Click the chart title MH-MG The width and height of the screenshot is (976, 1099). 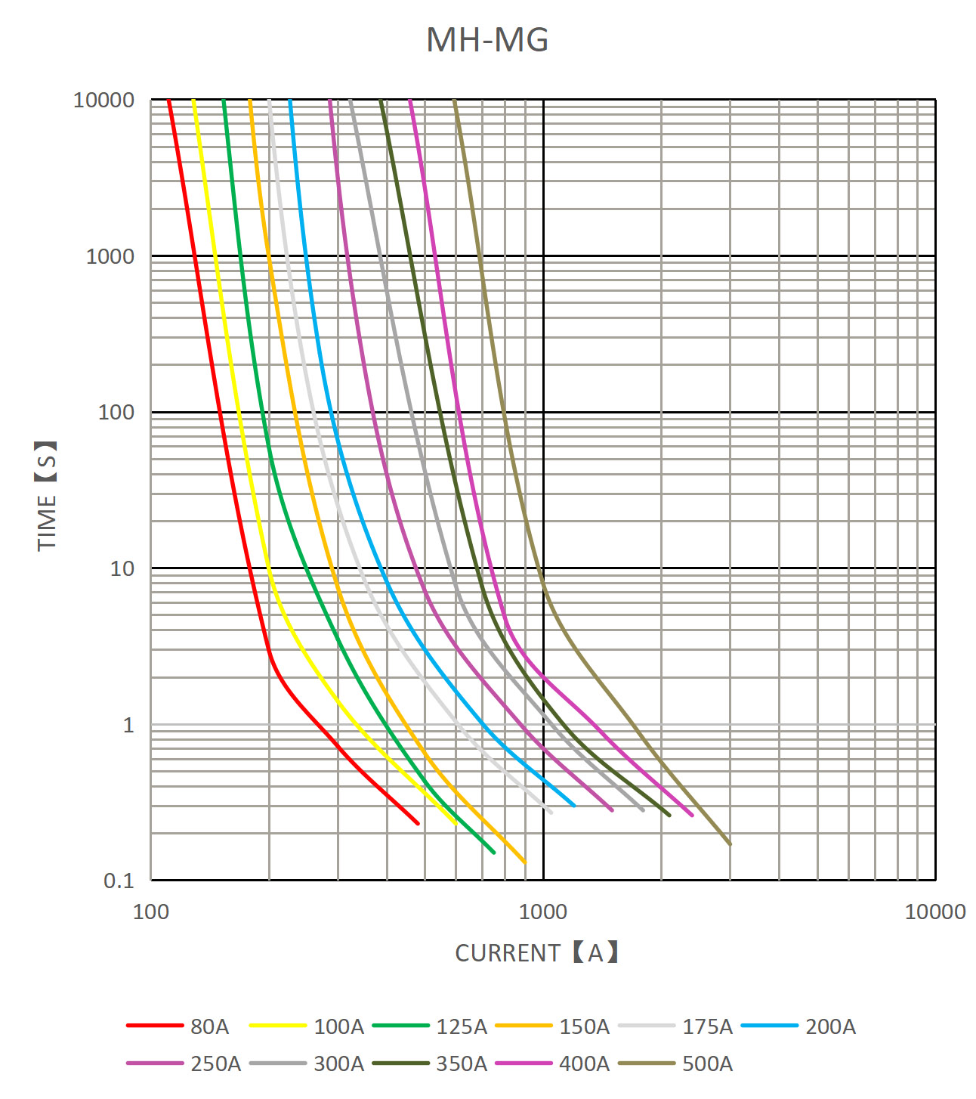pos(487,40)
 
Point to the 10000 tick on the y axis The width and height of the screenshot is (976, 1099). pos(103,100)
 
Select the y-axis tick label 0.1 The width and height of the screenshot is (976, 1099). pos(119,881)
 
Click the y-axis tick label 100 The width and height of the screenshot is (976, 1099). pos(116,413)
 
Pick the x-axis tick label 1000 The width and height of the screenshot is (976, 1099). pos(542,912)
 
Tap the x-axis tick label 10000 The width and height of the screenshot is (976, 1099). pos(934,912)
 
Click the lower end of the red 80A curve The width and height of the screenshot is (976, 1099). pos(418,823)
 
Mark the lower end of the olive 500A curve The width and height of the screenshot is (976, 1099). pos(730,844)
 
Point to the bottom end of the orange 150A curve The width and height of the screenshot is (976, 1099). pos(524,862)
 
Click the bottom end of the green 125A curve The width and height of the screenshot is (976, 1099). pos(493,853)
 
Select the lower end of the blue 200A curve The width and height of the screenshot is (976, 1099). pos(574,806)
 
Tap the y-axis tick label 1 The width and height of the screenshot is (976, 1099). pos(128,725)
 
